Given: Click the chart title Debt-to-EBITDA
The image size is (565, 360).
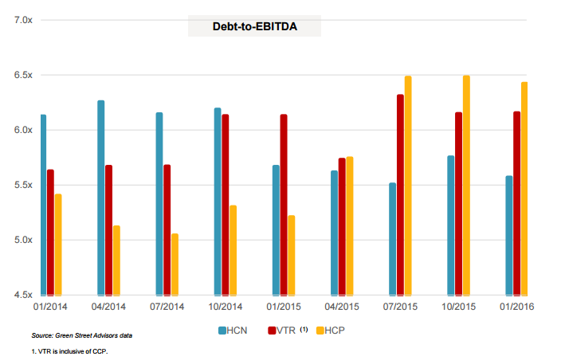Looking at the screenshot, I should tap(254, 25).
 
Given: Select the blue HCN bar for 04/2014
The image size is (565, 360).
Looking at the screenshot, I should tap(101, 198).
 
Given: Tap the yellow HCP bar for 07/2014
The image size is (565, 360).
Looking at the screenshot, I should tap(175, 264).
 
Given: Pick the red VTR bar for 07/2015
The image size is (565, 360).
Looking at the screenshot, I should tap(400, 195).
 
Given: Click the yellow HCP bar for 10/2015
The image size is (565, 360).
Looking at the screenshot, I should tap(466, 185).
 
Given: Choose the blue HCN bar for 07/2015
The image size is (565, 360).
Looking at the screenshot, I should tap(392, 239).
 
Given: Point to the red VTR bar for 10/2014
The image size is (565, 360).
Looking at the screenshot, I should tap(226, 205).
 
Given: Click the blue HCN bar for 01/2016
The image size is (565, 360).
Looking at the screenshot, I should tap(509, 235).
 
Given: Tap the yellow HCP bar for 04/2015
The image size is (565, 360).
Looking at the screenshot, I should tap(350, 225).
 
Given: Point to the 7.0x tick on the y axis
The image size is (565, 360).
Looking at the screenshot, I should tap(23, 19).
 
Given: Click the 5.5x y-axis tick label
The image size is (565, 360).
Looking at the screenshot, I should tap(23, 185).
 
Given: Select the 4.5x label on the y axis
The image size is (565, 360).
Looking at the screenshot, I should tap(23, 295).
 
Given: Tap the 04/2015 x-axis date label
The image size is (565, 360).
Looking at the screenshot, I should tap(342, 307).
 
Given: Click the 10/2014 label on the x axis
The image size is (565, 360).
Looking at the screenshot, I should tap(226, 307).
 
